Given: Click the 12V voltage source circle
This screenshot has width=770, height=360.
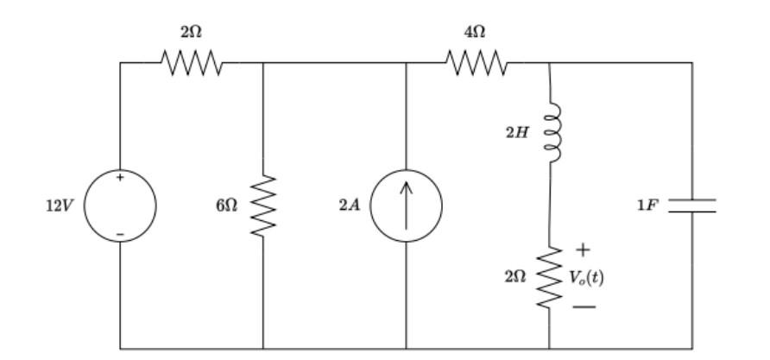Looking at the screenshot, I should click(120, 206).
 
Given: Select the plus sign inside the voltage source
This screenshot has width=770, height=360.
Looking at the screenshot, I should click(120, 179).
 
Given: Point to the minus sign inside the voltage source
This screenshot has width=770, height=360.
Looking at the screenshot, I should click(120, 234).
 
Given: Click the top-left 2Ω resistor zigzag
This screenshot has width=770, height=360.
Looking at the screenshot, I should click(192, 62).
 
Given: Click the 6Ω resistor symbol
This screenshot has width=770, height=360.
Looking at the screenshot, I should click(263, 206).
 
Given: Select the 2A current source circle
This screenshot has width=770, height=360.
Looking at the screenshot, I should click(406, 206).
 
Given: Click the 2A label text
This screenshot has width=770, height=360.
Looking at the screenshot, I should click(350, 207).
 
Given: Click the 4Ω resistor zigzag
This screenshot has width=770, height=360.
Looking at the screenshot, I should click(476, 62).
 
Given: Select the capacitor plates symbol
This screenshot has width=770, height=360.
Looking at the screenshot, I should click(691, 205).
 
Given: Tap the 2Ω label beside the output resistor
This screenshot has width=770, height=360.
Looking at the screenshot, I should click(516, 278).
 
